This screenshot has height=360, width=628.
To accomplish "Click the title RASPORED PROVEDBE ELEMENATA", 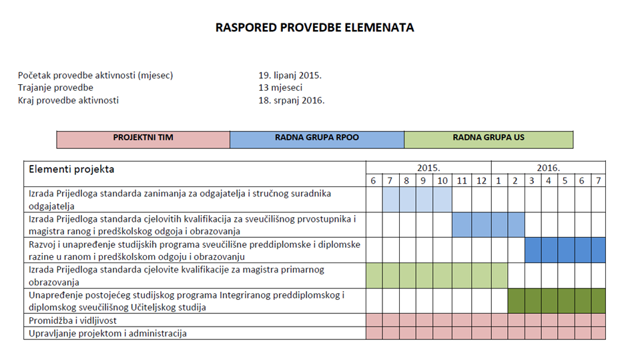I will click(x=314, y=28).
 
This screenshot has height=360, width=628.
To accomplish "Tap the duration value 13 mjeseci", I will click(x=280, y=88).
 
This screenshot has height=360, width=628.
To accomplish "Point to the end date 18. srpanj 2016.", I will click(x=292, y=101).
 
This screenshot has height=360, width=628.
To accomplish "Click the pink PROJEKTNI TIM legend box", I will click(x=143, y=139).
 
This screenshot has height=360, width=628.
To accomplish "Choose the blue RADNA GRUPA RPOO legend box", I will click(x=317, y=139).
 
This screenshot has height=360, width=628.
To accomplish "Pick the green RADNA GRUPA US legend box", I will click(x=489, y=139).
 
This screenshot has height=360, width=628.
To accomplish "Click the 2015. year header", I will click(x=428, y=168).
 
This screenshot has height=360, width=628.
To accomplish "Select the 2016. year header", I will click(x=548, y=168).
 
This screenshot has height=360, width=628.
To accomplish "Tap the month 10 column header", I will click(x=442, y=180).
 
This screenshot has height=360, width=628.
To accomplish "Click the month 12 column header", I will click(x=482, y=180).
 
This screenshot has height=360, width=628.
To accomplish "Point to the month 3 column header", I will click(x=532, y=180).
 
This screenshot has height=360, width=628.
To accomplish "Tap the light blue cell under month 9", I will click(x=424, y=200).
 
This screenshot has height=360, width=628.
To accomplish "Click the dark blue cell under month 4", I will click(x=549, y=250).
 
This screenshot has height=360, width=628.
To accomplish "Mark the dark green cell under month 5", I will click(x=565, y=301).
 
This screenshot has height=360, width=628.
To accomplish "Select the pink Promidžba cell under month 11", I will click(x=462, y=321).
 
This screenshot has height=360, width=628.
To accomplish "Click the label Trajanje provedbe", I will click(x=56, y=88).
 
